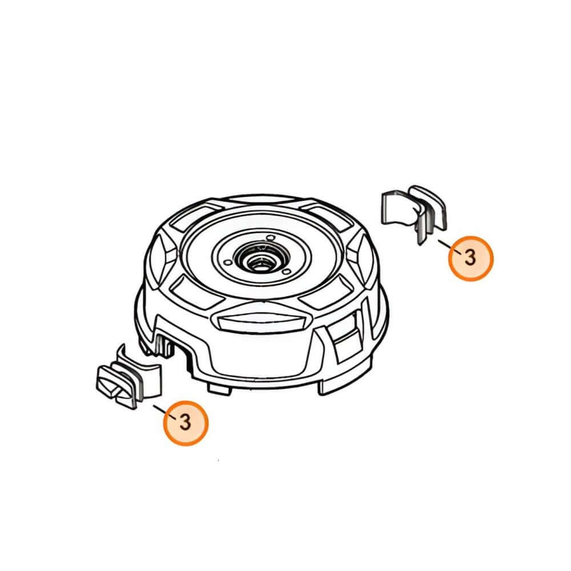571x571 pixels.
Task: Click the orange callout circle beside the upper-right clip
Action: click(471, 258)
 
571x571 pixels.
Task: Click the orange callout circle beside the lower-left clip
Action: click(186, 423)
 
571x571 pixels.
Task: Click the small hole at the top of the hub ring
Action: click(270, 238)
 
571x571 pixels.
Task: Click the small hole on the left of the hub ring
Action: click(227, 262)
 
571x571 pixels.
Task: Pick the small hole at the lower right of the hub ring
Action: click(287, 272)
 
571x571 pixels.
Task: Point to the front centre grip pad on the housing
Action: click(261, 321)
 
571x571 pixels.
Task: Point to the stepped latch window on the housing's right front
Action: click(344, 337)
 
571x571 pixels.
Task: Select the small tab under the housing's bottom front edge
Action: click(219, 388)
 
